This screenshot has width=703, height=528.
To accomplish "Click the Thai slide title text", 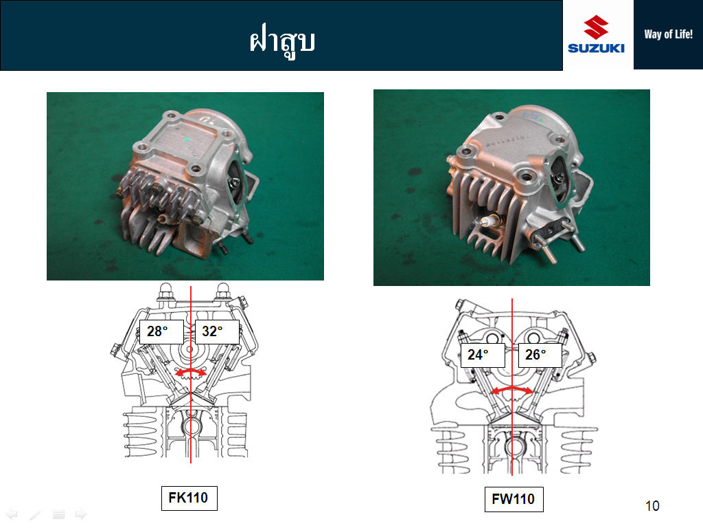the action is (x=282, y=41).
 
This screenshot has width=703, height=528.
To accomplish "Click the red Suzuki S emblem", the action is (x=596, y=27).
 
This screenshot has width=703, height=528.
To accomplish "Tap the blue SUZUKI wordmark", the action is (x=596, y=48).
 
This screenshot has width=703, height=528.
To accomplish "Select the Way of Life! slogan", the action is (x=668, y=34).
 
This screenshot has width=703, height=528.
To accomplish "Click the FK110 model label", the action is (x=189, y=498).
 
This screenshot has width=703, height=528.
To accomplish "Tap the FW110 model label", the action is (x=514, y=499).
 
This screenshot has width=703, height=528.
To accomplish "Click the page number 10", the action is (x=652, y=506).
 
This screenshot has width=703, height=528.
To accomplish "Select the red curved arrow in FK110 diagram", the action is (x=191, y=371).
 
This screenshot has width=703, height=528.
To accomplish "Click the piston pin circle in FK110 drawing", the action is (x=191, y=426).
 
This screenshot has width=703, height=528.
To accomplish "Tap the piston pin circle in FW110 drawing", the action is (x=512, y=447).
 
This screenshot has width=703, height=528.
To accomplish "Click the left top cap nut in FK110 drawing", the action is (x=165, y=292).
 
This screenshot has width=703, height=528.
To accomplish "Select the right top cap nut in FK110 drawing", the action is (x=223, y=292).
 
